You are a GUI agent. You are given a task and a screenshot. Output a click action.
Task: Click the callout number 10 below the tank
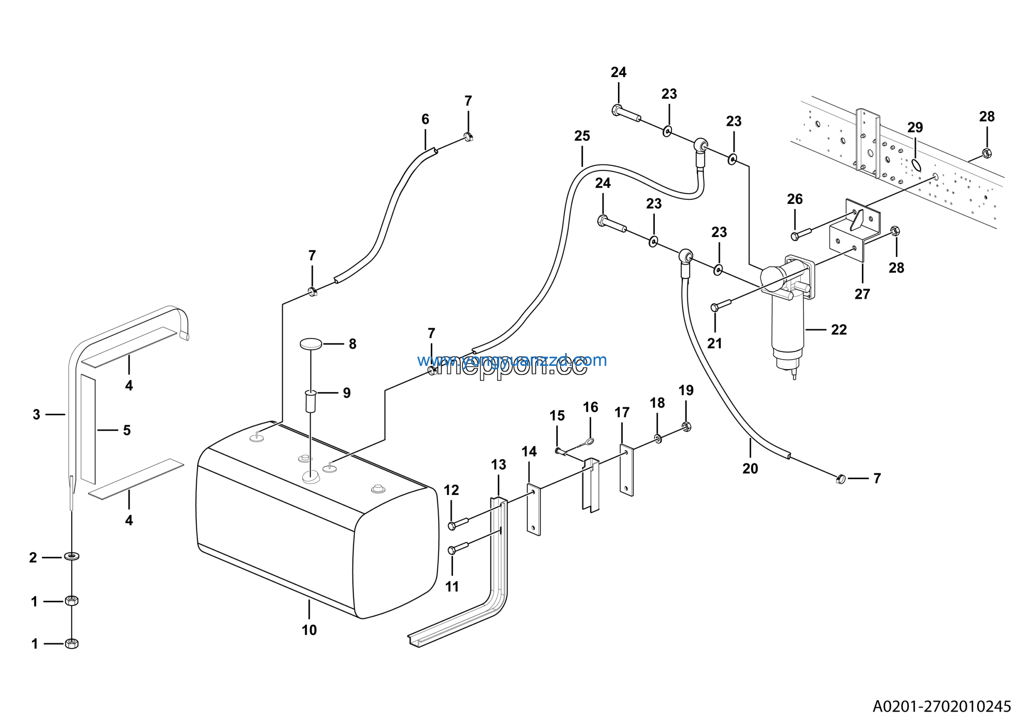pos(309,630)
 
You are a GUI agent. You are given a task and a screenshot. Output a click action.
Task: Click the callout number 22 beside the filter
pos(838,330)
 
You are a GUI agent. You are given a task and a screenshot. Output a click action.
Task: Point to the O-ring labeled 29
pos(916,164)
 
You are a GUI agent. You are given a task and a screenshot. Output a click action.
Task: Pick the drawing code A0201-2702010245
pos(942,706)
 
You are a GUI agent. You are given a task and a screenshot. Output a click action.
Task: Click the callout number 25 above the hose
pos(582,136)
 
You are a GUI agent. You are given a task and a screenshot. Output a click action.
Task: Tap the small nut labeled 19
pos(686,427)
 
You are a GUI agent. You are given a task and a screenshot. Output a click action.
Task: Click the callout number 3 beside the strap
pos(36,415)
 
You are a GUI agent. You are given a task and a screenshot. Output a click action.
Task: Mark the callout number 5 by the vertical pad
pos(127,430)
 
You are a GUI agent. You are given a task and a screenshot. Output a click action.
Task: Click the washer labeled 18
pos(658,439)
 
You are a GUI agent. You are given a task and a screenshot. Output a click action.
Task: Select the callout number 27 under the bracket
pos(862,294)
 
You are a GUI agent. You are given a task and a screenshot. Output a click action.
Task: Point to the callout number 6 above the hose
pos(425,119)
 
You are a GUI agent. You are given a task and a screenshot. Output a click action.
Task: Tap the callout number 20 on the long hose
pos(750,469)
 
